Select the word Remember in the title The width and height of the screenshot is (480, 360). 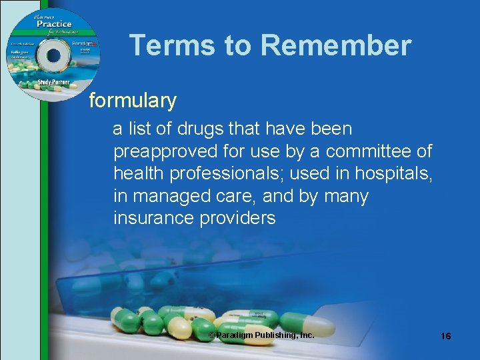[336, 45]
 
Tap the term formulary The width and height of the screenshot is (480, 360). [133, 101]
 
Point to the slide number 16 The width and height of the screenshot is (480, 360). [445, 337]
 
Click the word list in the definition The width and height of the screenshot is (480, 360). [140, 128]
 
